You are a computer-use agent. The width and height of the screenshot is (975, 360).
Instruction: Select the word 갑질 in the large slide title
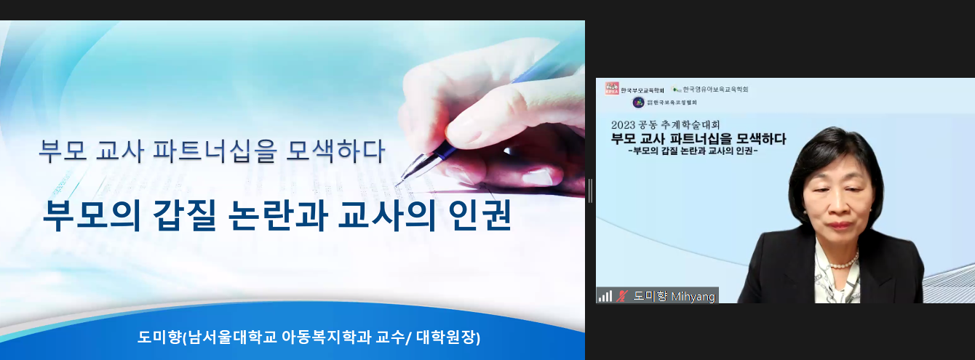click(x=185, y=215)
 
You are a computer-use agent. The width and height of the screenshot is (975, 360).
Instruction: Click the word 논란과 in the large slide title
click(x=278, y=215)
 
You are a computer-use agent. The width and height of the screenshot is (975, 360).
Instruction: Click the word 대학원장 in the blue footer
click(x=447, y=337)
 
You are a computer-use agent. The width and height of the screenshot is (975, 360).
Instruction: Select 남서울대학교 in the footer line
click(x=232, y=337)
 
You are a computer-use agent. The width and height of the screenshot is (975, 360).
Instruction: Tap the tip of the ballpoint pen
click(x=397, y=185)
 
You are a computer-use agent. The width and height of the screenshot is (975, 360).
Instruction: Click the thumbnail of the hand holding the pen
click(x=492, y=118)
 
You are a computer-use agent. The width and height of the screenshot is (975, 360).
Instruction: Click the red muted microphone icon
click(x=621, y=297)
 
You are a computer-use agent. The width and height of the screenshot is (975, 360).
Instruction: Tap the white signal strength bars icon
click(x=605, y=297)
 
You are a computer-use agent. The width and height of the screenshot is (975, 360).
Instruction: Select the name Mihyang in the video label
click(x=693, y=297)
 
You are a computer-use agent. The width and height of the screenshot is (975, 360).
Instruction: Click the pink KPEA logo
click(x=611, y=89)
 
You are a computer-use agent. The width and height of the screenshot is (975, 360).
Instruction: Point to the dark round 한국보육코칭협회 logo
click(x=638, y=103)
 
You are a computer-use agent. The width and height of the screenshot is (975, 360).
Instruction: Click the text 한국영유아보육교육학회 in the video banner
click(x=715, y=89)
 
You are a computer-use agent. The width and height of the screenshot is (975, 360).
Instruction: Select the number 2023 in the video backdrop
click(x=624, y=125)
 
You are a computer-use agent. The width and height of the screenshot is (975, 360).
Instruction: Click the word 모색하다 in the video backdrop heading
click(x=761, y=139)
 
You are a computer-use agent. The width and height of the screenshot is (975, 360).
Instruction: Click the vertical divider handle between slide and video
click(x=590, y=191)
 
